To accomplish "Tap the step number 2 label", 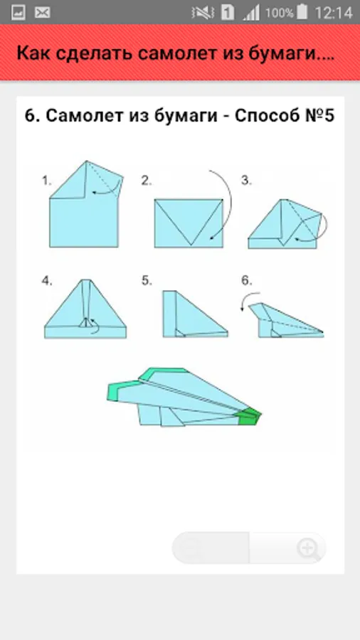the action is (147, 181).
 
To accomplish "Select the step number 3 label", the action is (246, 181).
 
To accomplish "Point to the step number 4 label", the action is (48, 281).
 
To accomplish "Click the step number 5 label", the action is (147, 281).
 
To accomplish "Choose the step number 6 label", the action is (247, 281).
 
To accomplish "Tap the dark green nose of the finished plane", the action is (248, 416).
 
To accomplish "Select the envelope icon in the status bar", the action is (42, 13).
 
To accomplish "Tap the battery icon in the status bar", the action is (302, 12).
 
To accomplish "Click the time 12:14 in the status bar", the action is (334, 13).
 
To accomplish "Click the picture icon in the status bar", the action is (18, 13).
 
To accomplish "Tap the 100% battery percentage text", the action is (280, 13).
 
